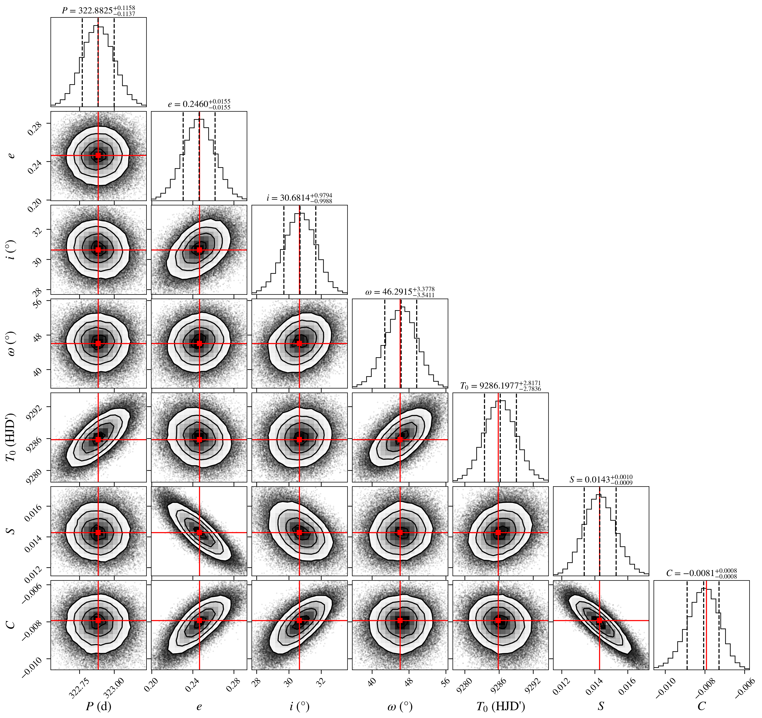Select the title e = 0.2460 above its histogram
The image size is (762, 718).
coord(199,104)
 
